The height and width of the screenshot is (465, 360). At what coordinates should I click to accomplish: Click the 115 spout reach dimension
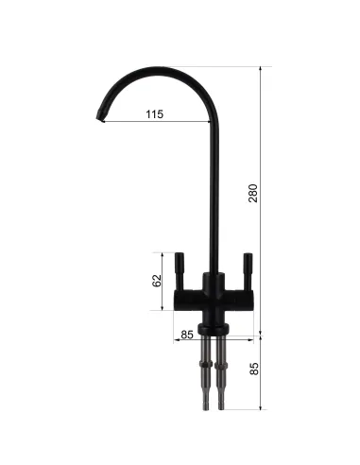coord(155,114)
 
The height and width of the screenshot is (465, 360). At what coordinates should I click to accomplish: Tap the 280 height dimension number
coord(253,193)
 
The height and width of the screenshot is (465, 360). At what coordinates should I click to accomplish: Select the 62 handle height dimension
coord(157,281)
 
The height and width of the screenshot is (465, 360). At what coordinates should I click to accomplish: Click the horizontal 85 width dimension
coord(186,335)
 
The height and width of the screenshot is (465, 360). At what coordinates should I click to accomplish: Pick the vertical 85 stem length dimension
coord(254,369)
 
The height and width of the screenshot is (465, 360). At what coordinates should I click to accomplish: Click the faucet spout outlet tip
coord(101,116)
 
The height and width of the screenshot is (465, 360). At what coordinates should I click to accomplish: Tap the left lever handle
coord(180,271)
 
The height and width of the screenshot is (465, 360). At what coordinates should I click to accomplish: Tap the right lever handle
coord(248,271)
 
